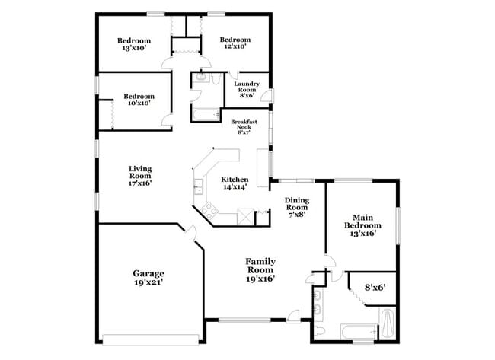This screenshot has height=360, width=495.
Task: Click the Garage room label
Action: tap(148, 273)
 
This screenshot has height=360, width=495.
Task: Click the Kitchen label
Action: tap(235, 180)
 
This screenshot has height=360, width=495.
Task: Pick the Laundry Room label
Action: tap(247, 89)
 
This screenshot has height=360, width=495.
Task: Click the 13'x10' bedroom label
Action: tap(133, 43)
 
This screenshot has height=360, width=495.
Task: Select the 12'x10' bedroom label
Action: tap(235, 43)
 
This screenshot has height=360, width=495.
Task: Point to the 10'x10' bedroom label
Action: tap(139, 100)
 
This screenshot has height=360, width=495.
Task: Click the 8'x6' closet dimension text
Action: tap(375, 288)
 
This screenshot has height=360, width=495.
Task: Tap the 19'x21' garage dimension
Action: tap(148, 282)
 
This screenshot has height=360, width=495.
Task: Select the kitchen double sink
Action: tap(198, 185)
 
